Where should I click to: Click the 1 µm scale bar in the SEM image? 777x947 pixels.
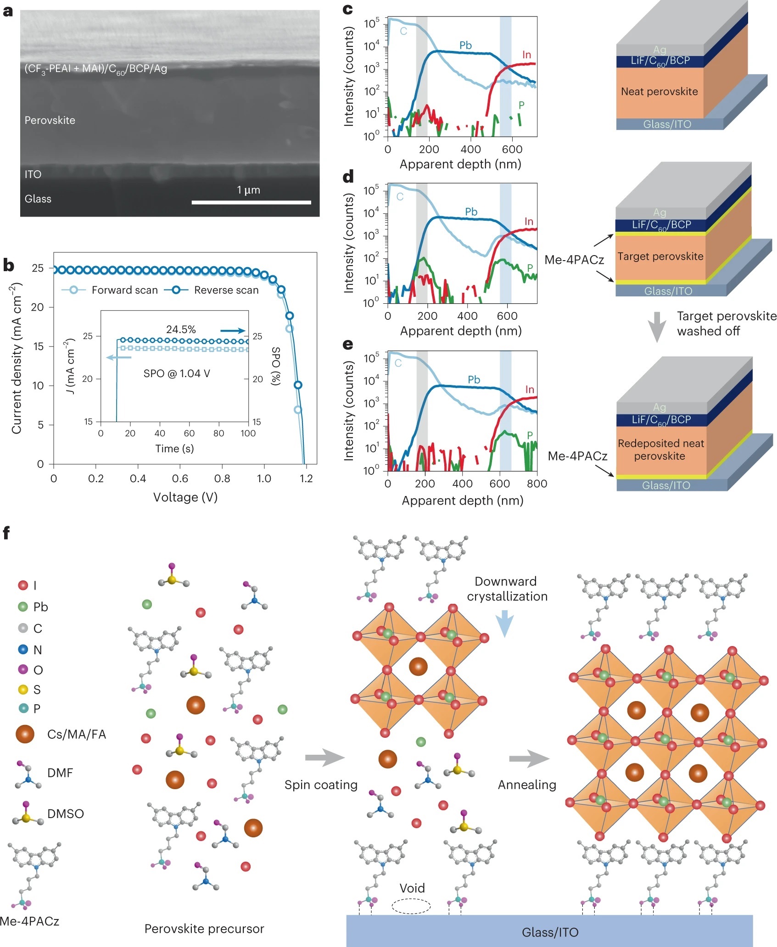pos(251,202)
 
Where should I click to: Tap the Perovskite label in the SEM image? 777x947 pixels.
pos(50,120)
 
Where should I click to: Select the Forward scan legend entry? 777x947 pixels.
pos(124,290)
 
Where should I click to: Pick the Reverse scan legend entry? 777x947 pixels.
pos(226,290)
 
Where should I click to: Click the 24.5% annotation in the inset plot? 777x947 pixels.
pos(181,329)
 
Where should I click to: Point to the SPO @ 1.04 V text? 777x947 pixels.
pos(177,373)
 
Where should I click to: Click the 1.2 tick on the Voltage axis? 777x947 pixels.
pos(306,479)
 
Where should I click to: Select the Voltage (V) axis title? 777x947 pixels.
pos(185,497)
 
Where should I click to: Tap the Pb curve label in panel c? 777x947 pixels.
pos(465,45)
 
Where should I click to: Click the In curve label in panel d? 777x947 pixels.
pos(529,222)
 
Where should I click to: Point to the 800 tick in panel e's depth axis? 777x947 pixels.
pos(537,484)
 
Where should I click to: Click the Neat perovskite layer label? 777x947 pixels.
pos(659,91)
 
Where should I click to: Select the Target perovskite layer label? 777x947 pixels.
pos(660,256)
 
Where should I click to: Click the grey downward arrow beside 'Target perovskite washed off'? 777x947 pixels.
pos(657,327)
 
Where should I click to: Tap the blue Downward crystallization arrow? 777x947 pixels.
pos(504,624)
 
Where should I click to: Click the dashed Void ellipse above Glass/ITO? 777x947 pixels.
pos(411,906)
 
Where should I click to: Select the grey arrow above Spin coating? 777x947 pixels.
pos(324,758)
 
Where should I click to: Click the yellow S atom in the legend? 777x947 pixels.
pos(23,690)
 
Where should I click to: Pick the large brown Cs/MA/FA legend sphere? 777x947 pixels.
pos(25,734)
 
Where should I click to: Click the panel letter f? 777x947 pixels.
pos(6,533)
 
